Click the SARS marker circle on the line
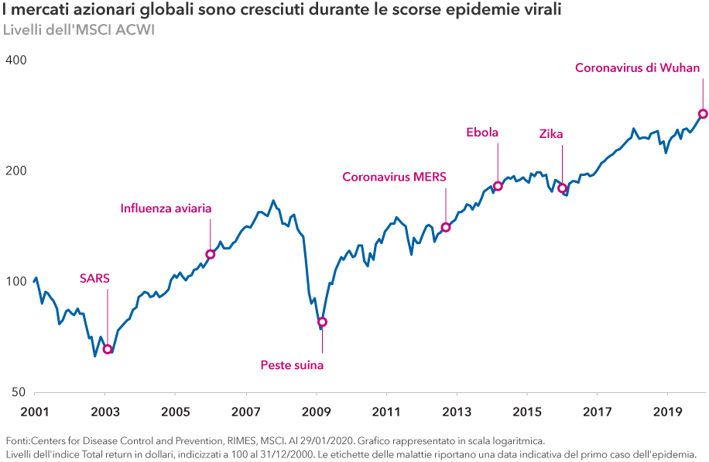[108, 350]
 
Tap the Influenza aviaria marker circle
[210, 254]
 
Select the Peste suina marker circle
[322, 322]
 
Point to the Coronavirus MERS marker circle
[446, 227]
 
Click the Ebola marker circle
[498, 186]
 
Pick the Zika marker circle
[563, 188]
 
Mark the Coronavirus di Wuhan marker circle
[703, 114]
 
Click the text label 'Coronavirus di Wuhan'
[637, 68]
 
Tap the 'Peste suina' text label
[292, 364]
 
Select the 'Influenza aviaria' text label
[166, 209]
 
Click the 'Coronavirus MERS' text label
[395, 177]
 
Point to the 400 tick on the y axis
[16, 60]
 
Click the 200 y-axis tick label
[16, 171]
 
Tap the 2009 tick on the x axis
[316, 410]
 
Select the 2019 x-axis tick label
[667, 410]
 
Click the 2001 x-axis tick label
[34, 410]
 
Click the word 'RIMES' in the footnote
[231, 440]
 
